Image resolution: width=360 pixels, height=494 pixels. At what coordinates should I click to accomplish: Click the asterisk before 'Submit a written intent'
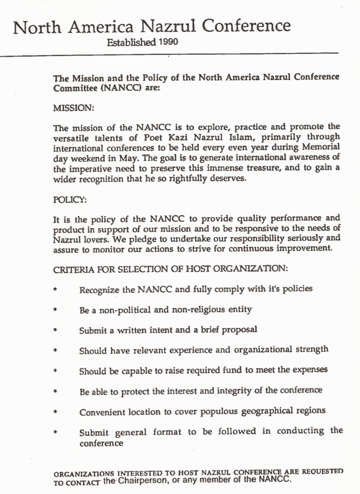tap(55, 330)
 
